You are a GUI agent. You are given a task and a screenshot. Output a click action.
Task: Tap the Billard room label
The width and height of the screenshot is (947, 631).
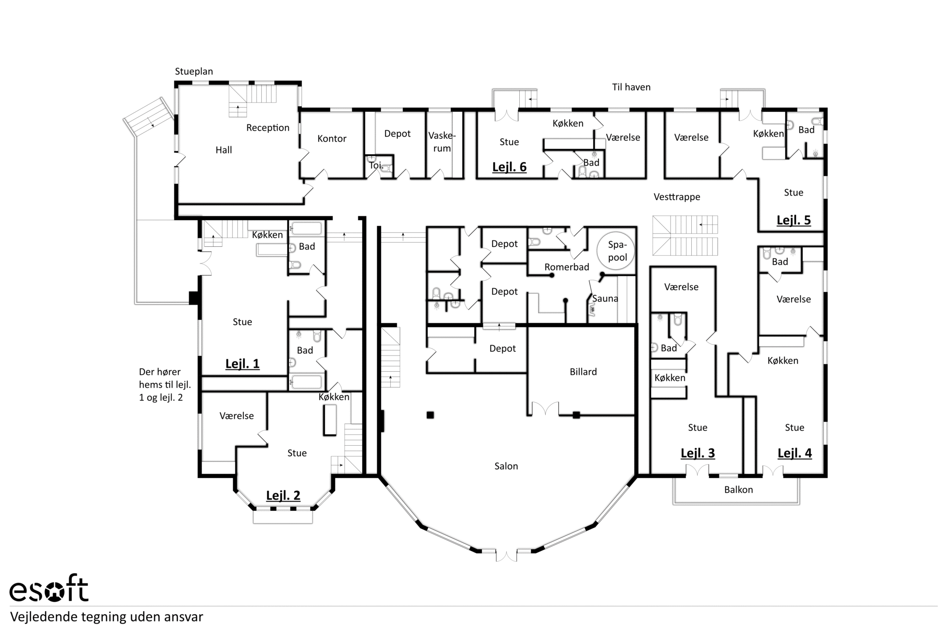[583, 372]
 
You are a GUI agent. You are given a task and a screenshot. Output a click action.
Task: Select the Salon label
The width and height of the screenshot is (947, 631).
[506, 466]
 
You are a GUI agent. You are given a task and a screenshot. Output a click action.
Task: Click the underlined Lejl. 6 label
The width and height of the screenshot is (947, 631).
[509, 167]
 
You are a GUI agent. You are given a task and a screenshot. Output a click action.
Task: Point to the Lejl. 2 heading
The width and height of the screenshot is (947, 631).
[283, 496]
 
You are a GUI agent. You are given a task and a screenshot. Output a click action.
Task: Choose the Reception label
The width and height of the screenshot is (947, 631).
[268, 128]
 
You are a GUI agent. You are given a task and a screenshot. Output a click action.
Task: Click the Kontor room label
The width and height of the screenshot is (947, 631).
[332, 138]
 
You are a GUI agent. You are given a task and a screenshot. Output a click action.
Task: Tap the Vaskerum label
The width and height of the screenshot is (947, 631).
[442, 142]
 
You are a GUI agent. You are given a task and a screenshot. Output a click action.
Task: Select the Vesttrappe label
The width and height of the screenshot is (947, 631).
[677, 197]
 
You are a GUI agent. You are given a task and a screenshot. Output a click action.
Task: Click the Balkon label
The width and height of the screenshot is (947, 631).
[738, 490]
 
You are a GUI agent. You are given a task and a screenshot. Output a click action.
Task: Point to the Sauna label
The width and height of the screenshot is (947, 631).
[605, 299]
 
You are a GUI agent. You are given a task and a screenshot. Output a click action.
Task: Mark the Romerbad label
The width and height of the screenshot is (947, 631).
[566, 267]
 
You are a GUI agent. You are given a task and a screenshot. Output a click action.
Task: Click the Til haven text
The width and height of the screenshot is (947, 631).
[631, 87]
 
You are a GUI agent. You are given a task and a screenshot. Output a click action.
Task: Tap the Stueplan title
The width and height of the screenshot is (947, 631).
[194, 72]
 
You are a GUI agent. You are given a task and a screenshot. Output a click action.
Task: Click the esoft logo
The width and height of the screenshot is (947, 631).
[49, 588]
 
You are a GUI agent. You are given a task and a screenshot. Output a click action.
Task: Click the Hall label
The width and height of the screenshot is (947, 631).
[224, 150]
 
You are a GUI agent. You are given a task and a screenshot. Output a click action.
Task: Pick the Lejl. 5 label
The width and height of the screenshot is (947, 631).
[793, 220]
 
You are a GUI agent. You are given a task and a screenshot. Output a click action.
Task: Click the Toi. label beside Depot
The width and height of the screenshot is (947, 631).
[375, 165]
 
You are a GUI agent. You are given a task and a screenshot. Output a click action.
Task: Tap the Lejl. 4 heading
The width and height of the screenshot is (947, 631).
[794, 453]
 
